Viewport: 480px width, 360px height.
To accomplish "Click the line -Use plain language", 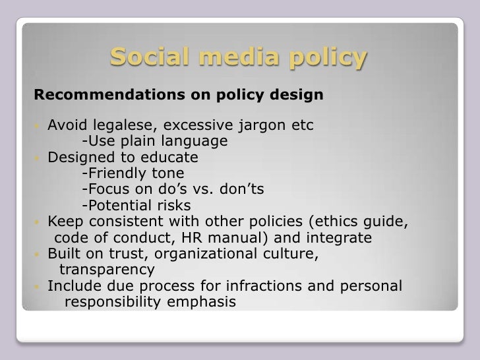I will click(x=154, y=142).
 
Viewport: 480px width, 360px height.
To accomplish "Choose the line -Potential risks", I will click(x=136, y=206).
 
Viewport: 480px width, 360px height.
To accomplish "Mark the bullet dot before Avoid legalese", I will click(x=38, y=126).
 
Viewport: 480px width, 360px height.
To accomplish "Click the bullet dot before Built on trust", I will click(x=38, y=254).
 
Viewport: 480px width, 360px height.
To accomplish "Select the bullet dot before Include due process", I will click(x=38, y=286).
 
